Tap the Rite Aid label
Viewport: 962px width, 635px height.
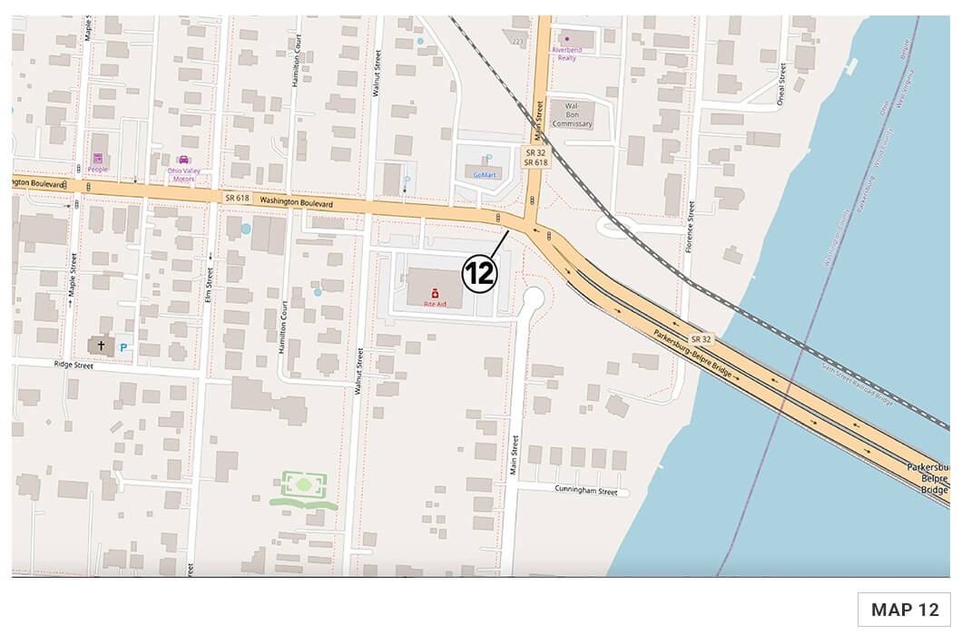tap(435, 305)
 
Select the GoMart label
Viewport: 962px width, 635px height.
tap(486, 174)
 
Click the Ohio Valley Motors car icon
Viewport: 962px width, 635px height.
tap(182, 160)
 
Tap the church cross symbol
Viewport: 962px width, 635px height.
tap(101, 345)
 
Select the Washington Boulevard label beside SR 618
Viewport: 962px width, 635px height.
tap(291, 201)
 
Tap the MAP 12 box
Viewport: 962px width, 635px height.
tap(904, 610)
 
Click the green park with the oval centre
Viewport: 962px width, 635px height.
tap(303, 487)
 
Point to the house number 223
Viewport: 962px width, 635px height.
tap(518, 42)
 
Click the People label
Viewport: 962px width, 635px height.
tap(97, 169)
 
